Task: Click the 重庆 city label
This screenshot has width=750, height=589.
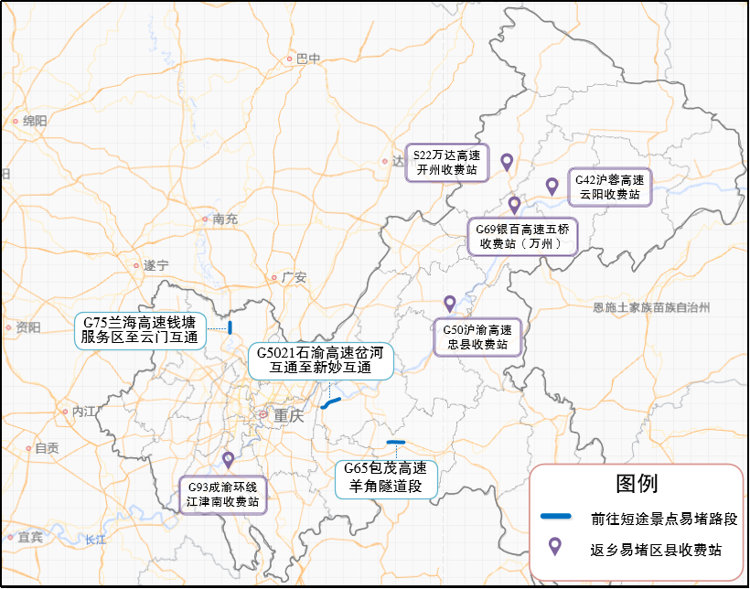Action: [x=288, y=414]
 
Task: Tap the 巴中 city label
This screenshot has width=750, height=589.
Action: [x=309, y=59]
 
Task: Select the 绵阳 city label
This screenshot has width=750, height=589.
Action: [x=35, y=121]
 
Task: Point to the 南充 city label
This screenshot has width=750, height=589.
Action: [x=224, y=220]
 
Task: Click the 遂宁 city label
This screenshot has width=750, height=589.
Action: [x=156, y=265]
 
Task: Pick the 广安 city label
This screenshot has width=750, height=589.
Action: [x=294, y=277]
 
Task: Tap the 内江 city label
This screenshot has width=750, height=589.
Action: [x=84, y=412]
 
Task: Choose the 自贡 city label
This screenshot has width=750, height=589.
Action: [x=47, y=448]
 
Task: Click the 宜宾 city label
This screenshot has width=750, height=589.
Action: [x=30, y=537]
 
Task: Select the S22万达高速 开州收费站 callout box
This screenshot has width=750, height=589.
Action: [x=447, y=162]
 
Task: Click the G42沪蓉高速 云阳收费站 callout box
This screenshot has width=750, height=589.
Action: [x=610, y=187]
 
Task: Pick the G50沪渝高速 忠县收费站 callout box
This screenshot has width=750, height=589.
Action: [x=477, y=337]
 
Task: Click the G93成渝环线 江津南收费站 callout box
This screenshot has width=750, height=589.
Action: [x=223, y=494]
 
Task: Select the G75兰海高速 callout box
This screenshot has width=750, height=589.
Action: [x=139, y=330]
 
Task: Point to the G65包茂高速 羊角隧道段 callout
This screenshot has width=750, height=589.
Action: [x=385, y=477]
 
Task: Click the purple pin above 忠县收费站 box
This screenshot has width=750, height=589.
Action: [x=449, y=304]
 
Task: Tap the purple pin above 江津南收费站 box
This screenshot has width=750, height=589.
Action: [x=228, y=459]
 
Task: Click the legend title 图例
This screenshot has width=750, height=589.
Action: [x=637, y=483]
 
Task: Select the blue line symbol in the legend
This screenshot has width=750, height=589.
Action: [x=556, y=517]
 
